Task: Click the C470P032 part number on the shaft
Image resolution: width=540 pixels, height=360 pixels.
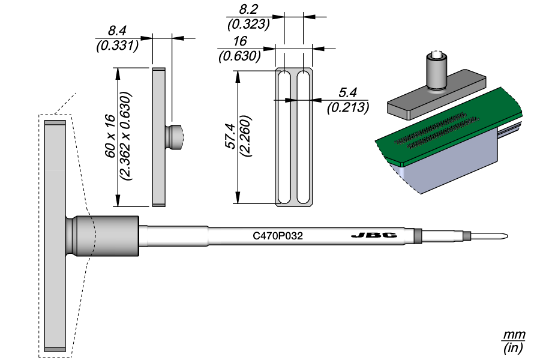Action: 277,236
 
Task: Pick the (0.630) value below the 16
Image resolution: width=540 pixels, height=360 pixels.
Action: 239,56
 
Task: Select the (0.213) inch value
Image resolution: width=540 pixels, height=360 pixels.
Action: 348,107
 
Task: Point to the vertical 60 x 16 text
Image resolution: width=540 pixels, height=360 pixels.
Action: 110,136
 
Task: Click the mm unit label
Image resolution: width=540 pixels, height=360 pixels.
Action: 514,334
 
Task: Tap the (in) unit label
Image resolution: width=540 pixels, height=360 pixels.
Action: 514,347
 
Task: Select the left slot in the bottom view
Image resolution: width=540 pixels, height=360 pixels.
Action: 286,137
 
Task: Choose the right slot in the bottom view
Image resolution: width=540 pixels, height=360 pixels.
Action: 303,137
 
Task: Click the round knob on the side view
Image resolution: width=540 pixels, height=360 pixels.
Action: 176,137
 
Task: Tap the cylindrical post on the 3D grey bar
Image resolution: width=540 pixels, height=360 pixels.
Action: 436,71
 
